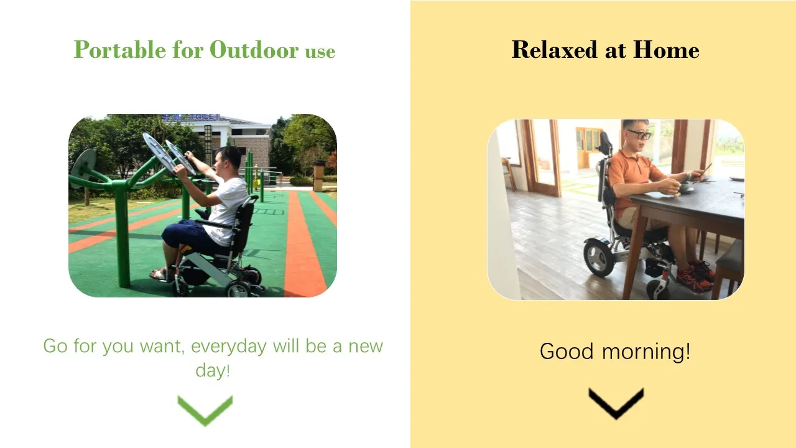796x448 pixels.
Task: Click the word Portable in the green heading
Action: (120, 49)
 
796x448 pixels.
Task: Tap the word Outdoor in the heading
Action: (254, 49)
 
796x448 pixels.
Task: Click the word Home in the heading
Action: (666, 49)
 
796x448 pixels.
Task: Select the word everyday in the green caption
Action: (228, 347)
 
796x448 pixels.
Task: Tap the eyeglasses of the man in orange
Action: (640, 134)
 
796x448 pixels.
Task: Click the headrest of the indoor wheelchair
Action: (605, 142)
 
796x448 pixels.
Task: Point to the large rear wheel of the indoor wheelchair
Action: (599, 258)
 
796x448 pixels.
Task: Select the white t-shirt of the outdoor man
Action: (228, 210)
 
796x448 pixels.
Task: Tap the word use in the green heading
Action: (320, 52)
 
